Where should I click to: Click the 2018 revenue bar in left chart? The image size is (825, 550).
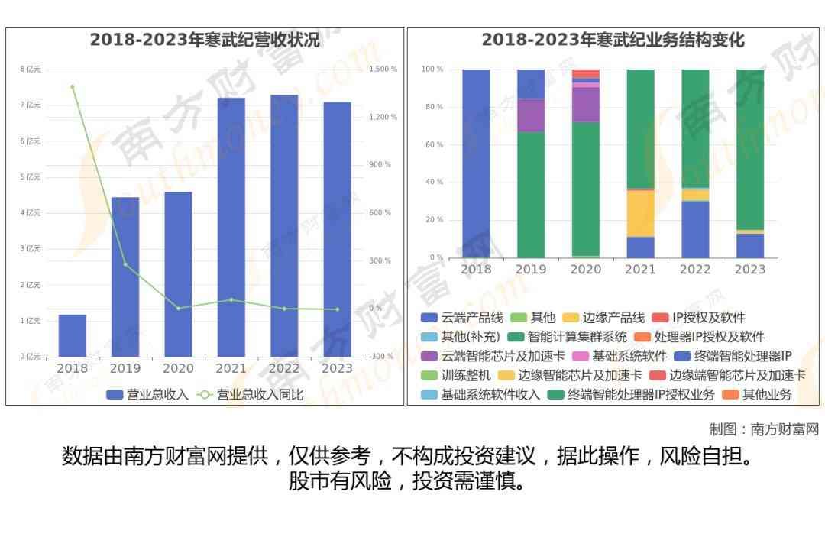tap(73, 335)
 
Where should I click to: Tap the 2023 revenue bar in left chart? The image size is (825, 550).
tap(337, 229)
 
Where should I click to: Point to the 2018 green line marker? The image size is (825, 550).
tap(73, 87)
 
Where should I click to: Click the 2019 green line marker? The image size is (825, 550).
tap(125, 264)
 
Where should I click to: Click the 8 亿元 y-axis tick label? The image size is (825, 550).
tap(31, 70)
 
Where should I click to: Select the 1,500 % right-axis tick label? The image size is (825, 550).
tap(383, 70)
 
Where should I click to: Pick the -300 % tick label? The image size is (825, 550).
tap(381, 357)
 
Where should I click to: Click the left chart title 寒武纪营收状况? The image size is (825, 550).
tap(205, 40)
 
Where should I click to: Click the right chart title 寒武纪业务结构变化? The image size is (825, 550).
tap(613, 40)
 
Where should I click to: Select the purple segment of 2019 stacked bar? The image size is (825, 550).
tap(531, 115)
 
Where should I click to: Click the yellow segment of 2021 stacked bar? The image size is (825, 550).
tap(640, 213)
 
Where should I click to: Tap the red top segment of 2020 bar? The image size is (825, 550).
tap(586, 73)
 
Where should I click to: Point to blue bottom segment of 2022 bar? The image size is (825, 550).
tap(695, 229)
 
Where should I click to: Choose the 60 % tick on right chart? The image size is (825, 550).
tap(432, 144)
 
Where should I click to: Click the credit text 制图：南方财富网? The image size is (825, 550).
tap(763, 429)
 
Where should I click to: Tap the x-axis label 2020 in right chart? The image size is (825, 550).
tap(586, 269)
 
